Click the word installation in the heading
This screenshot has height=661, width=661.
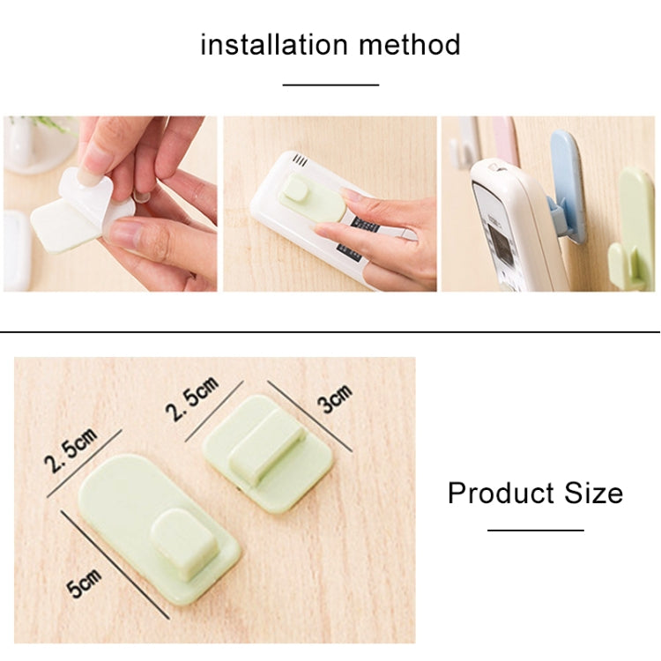274,44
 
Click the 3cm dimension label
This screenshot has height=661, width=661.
335,399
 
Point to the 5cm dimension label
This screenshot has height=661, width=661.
85,583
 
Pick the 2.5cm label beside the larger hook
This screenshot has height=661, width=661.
71,451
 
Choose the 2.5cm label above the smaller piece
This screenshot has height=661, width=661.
191,399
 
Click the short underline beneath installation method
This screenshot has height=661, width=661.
330,85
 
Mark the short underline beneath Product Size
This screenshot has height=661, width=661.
536,531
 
